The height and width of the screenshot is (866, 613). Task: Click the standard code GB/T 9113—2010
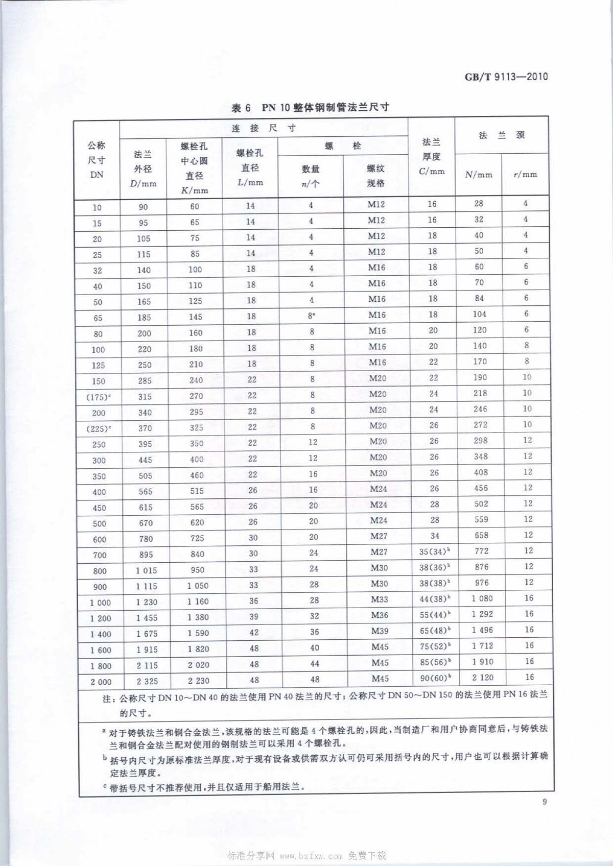506,77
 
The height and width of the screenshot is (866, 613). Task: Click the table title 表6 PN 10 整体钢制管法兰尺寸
310,107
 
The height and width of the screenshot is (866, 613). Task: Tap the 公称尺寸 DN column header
97,160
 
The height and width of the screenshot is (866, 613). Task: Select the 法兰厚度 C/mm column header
432,156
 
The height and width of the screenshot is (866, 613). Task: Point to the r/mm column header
525,175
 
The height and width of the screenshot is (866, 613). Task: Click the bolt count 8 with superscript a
311,316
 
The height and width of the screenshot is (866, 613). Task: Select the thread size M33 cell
380,599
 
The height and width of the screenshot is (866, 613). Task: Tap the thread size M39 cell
380,631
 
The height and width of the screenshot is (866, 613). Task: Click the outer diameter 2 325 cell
147,681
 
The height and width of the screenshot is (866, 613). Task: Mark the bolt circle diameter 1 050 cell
198,586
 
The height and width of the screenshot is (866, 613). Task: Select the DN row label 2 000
100,682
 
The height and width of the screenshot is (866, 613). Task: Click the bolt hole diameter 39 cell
254,617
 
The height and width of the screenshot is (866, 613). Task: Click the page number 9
545,802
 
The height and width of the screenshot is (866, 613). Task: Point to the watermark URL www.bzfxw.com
311,855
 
